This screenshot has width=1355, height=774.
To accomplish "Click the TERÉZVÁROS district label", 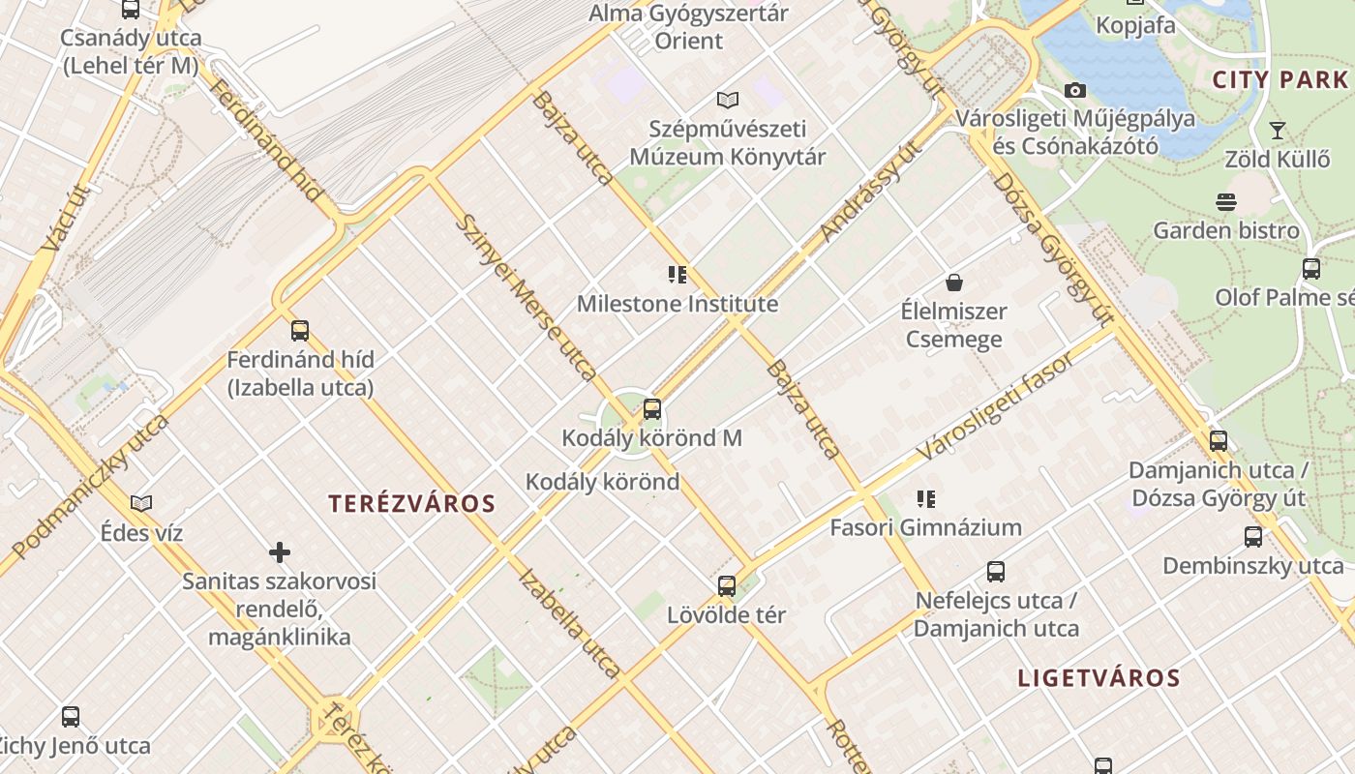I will [411, 504].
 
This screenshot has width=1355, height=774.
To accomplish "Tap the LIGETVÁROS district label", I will [1099, 678].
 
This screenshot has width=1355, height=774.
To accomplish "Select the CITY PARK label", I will [1280, 80].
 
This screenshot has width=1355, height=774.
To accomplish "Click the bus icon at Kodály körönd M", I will [652, 409].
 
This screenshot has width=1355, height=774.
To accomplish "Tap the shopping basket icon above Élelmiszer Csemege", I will [954, 283].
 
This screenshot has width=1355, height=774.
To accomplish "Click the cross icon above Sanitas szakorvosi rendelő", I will [280, 553].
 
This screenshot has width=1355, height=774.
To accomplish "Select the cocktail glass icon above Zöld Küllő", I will [1277, 130].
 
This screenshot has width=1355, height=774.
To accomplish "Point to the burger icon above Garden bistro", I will [1225, 202].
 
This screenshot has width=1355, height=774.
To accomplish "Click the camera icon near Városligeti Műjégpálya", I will [1074, 91].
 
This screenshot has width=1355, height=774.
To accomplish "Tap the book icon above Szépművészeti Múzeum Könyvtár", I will [727, 100].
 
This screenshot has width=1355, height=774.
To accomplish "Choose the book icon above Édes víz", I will [141, 504].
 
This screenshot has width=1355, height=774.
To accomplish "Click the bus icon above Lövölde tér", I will [727, 586].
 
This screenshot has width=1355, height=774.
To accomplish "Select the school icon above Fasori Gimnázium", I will [926, 499].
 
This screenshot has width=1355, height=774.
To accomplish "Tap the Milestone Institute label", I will [677, 304].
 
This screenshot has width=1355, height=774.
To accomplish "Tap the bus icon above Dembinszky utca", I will [1253, 537].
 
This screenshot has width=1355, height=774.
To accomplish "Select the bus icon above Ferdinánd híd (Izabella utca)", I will [300, 331].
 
